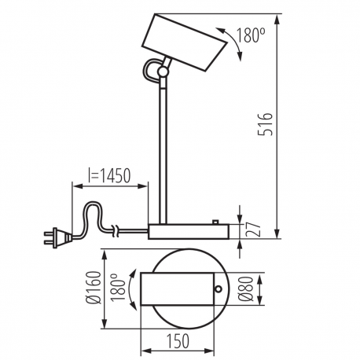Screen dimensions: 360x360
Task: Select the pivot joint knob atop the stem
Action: tap(163, 72)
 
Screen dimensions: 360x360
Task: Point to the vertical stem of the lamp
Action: tap(163, 149)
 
